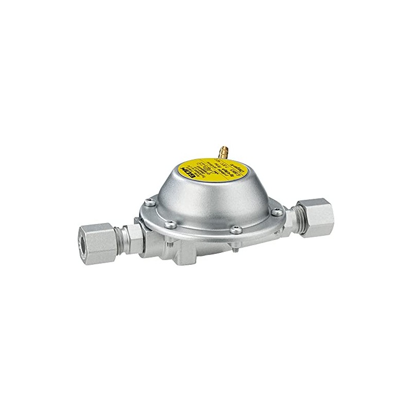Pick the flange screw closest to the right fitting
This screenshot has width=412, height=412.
(278, 210)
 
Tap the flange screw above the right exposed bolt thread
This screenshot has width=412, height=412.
(234, 230)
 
